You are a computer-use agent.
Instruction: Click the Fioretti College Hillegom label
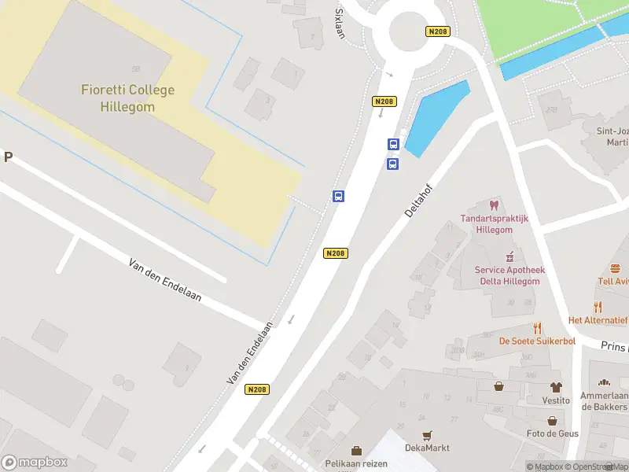point(127,98)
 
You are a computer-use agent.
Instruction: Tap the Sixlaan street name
point(340,24)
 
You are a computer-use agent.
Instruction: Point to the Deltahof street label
point(420,201)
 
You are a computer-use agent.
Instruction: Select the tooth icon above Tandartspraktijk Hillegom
point(494,205)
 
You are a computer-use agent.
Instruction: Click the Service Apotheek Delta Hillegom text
point(509,276)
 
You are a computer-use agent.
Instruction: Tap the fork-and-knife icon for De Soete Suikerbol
point(537,328)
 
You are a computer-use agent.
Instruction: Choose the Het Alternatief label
point(598,320)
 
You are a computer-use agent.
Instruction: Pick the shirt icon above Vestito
point(556,387)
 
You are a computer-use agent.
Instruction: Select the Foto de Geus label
point(553,433)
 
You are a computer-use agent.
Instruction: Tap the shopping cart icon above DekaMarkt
point(427,435)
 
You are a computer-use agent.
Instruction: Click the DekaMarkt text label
point(427,448)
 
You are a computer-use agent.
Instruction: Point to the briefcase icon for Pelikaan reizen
point(356,451)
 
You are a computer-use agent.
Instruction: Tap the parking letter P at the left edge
point(8,157)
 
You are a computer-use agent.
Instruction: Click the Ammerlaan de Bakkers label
point(605,401)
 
